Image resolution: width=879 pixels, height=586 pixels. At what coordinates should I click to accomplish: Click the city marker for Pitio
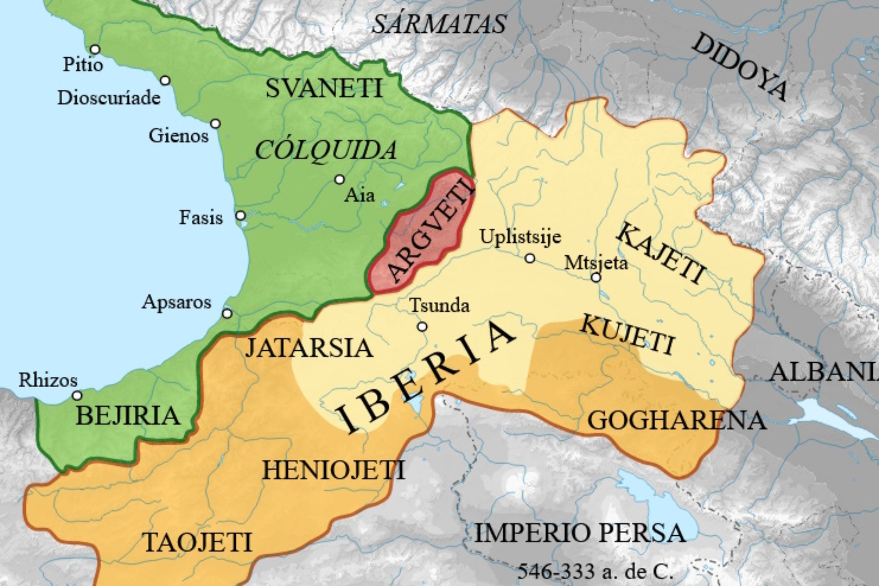pos(95,49)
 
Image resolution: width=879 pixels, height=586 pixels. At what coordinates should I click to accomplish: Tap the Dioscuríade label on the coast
pos(109,98)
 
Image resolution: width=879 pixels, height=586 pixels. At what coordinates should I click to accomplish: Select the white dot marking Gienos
pos(215,123)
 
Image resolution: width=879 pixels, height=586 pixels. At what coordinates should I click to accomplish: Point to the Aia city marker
pos(340,179)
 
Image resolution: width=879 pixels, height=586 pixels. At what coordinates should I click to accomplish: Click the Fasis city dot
pos(241,216)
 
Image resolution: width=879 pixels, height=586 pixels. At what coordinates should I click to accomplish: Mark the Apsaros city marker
pos(227,313)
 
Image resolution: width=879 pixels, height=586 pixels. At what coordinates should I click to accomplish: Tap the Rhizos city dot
pos(77,395)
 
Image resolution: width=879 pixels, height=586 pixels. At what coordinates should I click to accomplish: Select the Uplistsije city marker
pos(530,258)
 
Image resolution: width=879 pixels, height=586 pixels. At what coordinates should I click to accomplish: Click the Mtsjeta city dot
pos(596,277)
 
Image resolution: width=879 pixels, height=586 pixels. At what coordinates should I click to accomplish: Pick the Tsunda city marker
pos(422,327)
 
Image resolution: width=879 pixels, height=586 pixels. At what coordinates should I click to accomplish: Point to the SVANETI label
pos(324,88)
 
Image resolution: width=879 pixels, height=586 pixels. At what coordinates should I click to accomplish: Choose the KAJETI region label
pos(661,253)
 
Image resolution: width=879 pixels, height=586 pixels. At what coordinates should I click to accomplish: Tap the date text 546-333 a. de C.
pos(595,571)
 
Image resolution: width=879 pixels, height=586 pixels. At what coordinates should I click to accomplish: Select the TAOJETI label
pos(198,542)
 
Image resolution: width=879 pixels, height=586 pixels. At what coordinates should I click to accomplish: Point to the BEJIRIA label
pos(128,416)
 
